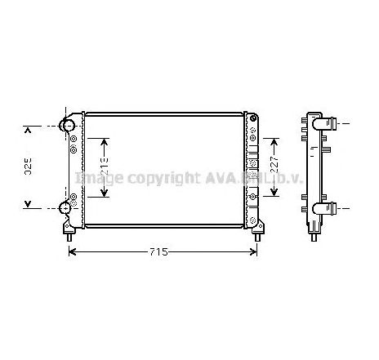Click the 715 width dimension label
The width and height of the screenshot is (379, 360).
click(x=160, y=252)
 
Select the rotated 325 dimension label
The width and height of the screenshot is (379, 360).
click(x=28, y=167)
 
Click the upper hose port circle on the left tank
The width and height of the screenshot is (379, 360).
click(x=69, y=127)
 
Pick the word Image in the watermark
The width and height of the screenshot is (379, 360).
click(x=99, y=177)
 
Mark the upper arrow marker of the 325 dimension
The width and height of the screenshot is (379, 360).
click(x=29, y=128)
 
